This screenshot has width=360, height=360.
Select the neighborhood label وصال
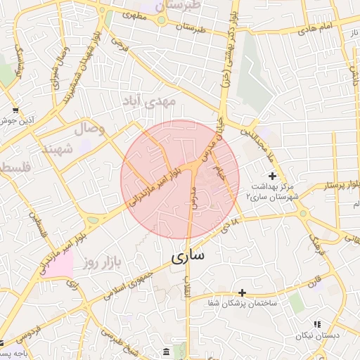coord(90,129)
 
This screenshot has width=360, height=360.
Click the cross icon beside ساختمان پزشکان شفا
coord(243,292)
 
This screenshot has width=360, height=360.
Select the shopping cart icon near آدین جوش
coord(15,110)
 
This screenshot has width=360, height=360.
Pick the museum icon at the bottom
coord(166,351)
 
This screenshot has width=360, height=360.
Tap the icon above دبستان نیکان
coord(316,324)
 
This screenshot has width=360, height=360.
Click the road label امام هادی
coord(314,30)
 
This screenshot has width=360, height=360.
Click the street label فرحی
coord(121,46)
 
